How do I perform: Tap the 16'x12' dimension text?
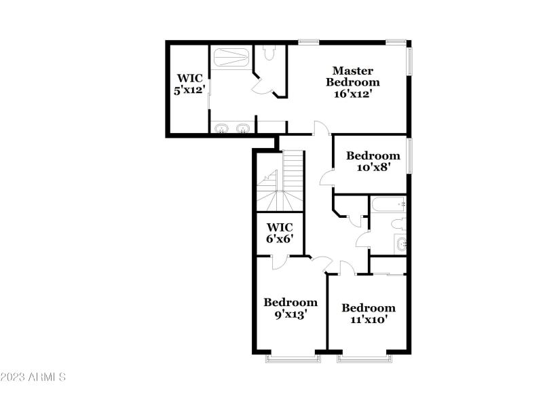pyautogui.click(x=352, y=94)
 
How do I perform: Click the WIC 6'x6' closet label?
pyautogui.click(x=280, y=233)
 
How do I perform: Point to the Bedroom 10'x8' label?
pyautogui.click(x=373, y=161)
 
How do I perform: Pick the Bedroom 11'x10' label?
pyautogui.click(x=368, y=313)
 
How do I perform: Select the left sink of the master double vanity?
pyautogui.click(x=221, y=128)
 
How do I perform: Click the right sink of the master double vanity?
pyautogui.click(x=242, y=128)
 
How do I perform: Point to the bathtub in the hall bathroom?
pyautogui.click(x=388, y=204)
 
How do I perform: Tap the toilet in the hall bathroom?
pyautogui.click(x=398, y=224)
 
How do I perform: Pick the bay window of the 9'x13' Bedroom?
pyautogui.click(x=291, y=357)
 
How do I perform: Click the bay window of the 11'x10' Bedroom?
pyautogui.click(x=364, y=357)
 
